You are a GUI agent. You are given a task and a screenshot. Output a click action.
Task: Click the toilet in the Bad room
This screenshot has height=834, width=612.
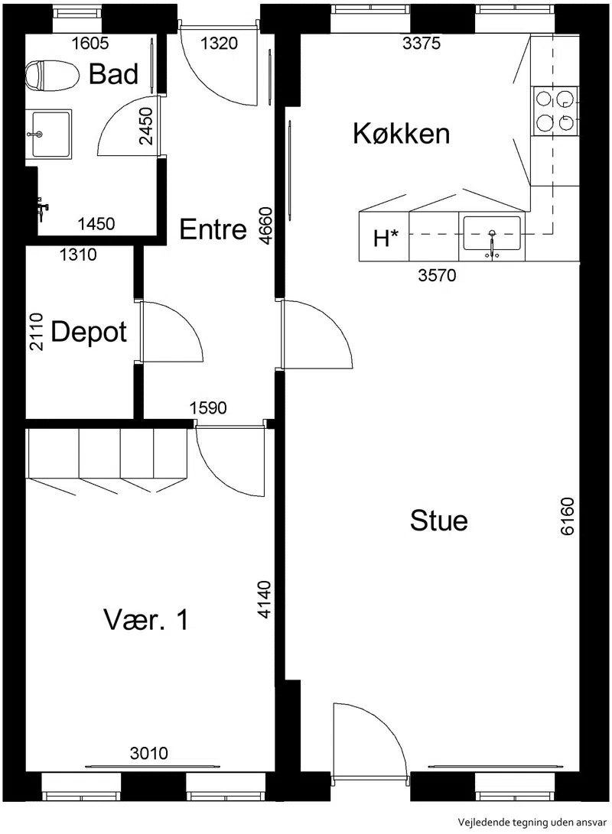(x=51, y=75)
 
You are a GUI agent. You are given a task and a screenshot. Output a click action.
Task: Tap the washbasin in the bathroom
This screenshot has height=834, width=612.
(x=48, y=134)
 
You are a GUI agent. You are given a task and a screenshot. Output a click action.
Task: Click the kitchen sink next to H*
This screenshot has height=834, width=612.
(x=492, y=234)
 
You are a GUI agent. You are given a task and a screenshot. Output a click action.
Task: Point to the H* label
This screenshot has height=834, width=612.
(x=386, y=239)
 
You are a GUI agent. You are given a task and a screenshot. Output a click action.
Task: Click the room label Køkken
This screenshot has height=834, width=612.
(x=402, y=133)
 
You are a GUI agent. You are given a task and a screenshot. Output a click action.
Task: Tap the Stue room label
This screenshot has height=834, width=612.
(x=438, y=520)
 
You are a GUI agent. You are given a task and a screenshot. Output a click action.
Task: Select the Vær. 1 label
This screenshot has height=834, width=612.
(x=146, y=620)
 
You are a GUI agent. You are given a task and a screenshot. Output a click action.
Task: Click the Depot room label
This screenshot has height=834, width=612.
(x=89, y=333)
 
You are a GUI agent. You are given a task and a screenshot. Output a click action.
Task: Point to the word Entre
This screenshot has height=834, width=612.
(x=213, y=229)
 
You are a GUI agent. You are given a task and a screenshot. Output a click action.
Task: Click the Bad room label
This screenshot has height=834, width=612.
(x=113, y=73)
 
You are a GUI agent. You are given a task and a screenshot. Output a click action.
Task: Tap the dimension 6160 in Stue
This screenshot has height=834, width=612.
(x=568, y=516)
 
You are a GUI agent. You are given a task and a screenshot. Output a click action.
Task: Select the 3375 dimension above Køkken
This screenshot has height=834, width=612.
(x=422, y=43)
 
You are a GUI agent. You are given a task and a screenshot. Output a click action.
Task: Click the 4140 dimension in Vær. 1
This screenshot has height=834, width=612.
(x=265, y=599)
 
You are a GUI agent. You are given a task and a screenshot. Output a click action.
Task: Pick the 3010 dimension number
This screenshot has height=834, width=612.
(x=149, y=753)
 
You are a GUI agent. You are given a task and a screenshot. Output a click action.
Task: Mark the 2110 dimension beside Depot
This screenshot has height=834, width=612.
(x=36, y=331)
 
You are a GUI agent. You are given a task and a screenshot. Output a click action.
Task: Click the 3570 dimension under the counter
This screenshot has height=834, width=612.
(x=437, y=275)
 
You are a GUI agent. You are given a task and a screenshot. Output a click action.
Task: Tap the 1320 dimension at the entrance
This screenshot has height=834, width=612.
(x=219, y=43)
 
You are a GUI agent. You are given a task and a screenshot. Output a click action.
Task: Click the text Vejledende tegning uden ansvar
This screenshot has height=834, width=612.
(x=532, y=823)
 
